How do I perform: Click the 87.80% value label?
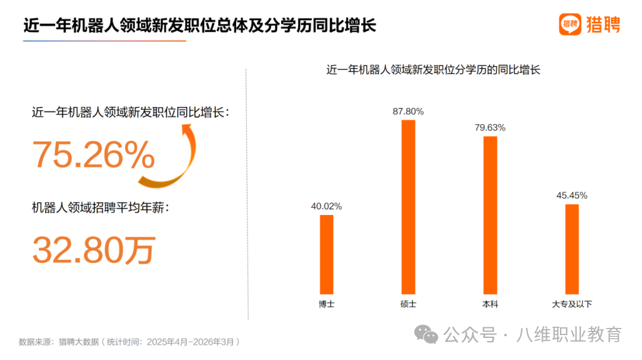tap(408, 111)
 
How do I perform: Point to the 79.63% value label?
tap(490, 127)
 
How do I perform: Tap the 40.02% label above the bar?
tap(326, 206)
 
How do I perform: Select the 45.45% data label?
tap(571, 195)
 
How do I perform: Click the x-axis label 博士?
tap(326, 304)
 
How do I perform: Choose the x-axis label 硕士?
tap(408, 304)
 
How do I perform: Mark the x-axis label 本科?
tap(490, 304)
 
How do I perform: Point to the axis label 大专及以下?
tap(572, 304)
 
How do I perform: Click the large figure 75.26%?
tap(93, 156)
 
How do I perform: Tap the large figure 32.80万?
tap(93, 250)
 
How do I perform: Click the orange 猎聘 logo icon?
tap(570, 24)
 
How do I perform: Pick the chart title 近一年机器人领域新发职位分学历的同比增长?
tap(433, 70)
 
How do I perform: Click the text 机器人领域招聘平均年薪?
tap(100, 208)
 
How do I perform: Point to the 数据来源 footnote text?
tap(129, 342)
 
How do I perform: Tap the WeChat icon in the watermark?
tap(426, 334)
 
